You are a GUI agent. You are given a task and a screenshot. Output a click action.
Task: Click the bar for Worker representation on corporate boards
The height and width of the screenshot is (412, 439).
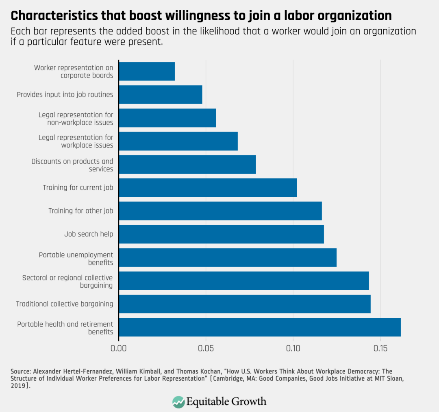pyautogui.click(x=147, y=71)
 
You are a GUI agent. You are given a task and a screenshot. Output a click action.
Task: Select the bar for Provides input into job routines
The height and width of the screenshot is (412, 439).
pyautogui.click(x=161, y=95)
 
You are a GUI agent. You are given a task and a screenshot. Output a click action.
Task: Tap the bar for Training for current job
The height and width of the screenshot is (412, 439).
pyautogui.click(x=208, y=188)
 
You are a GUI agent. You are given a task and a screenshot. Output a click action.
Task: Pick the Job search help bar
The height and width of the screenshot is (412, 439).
pyautogui.click(x=221, y=234)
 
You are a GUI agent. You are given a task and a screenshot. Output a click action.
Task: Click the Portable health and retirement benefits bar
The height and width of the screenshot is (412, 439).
pyautogui.click(x=260, y=327)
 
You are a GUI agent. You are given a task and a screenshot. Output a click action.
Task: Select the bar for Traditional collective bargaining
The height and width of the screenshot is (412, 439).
pyautogui.click(x=245, y=304)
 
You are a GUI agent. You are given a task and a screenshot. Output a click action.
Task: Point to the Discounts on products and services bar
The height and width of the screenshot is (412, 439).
pyautogui.click(x=187, y=164)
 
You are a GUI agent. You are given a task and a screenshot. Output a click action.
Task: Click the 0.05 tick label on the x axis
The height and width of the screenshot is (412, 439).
pyautogui.click(x=206, y=349)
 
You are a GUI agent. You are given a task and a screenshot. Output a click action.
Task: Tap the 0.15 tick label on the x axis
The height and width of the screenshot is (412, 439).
pyautogui.click(x=380, y=349)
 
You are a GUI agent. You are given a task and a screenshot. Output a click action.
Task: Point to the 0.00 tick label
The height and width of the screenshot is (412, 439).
pyautogui.click(x=119, y=349)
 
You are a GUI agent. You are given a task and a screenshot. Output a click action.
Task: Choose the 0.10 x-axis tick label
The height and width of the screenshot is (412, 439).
pyautogui.click(x=293, y=349)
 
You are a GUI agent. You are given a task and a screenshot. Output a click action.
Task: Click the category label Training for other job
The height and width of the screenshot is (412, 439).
pyautogui.click(x=80, y=211)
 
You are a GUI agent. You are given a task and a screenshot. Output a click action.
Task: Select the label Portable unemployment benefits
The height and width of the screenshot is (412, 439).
pyautogui.click(x=76, y=259)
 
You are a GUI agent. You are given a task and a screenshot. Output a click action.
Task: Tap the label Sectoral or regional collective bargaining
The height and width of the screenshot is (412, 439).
pyautogui.click(x=67, y=281)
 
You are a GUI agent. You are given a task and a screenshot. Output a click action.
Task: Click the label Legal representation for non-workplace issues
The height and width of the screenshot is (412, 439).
pyautogui.click(x=76, y=119)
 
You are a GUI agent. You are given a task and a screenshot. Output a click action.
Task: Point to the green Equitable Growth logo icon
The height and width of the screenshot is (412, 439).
pyautogui.click(x=178, y=401)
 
